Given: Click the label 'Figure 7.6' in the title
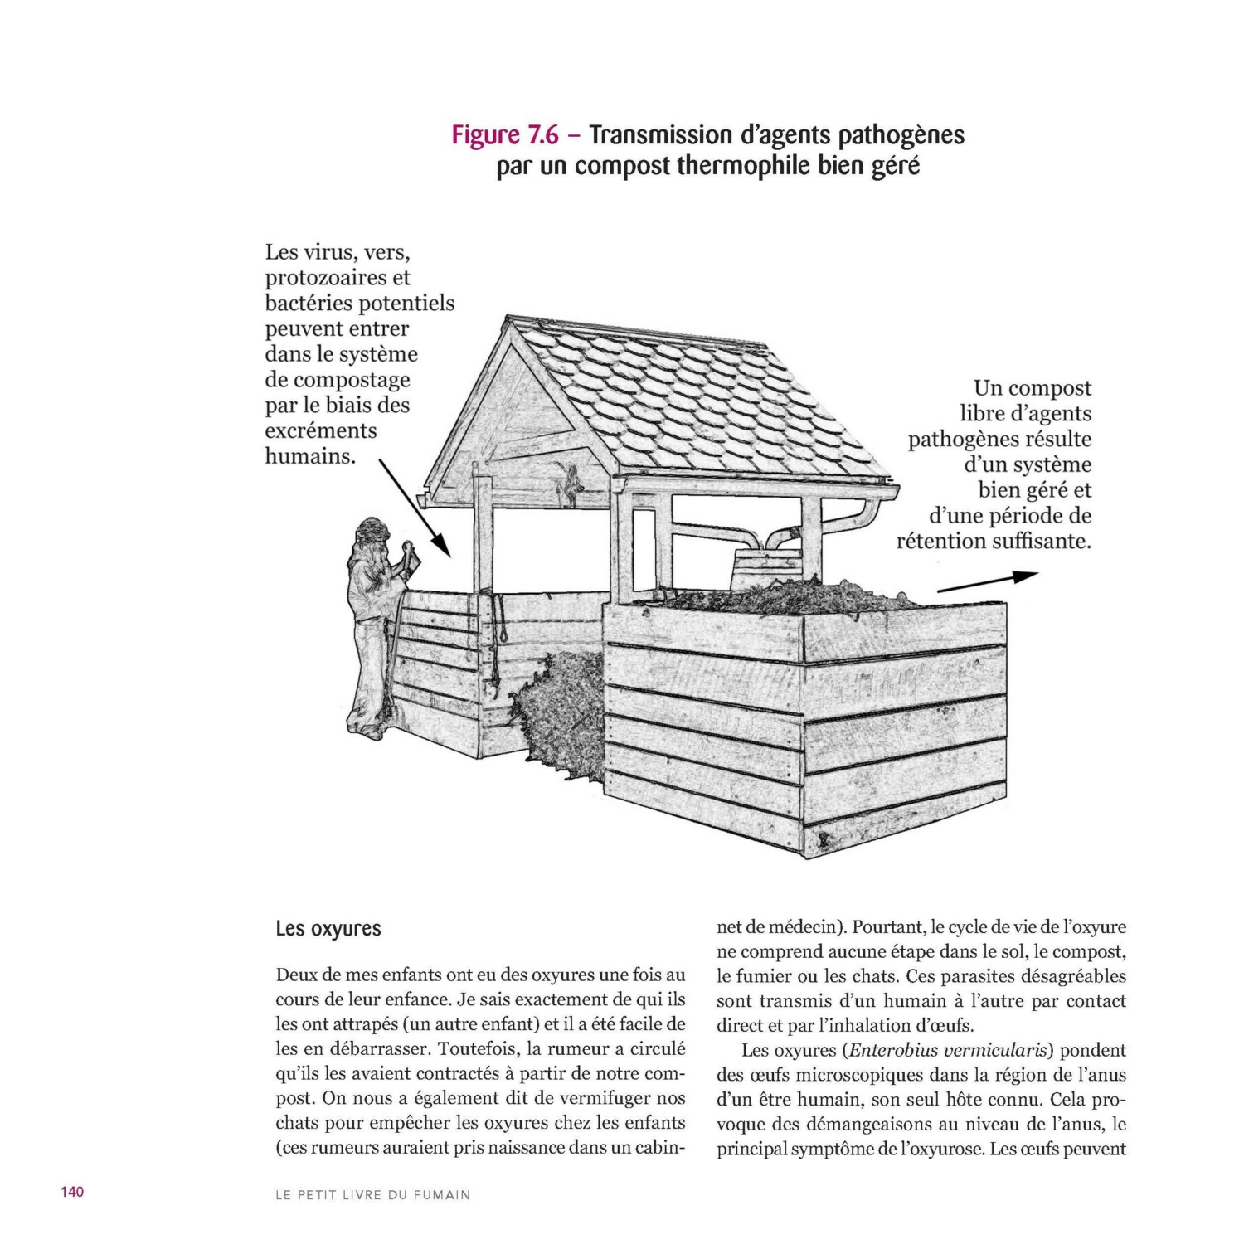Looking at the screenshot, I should pyautogui.click(x=504, y=134).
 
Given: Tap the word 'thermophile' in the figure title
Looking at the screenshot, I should pyautogui.click(x=742, y=166).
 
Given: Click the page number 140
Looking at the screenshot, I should pyautogui.click(x=72, y=1192).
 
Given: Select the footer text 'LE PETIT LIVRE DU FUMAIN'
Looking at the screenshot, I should pyautogui.click(x=372, y=1195).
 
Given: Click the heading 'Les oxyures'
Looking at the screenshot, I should pyautogui.click(x=328, y=929).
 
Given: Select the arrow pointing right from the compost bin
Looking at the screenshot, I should pyautogui.click(x=987, y=582).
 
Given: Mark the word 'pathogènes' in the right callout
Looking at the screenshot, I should pyautogui.click(x=999, y=439).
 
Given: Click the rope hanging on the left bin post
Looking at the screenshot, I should pyautogui.click(x=500, y=622).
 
